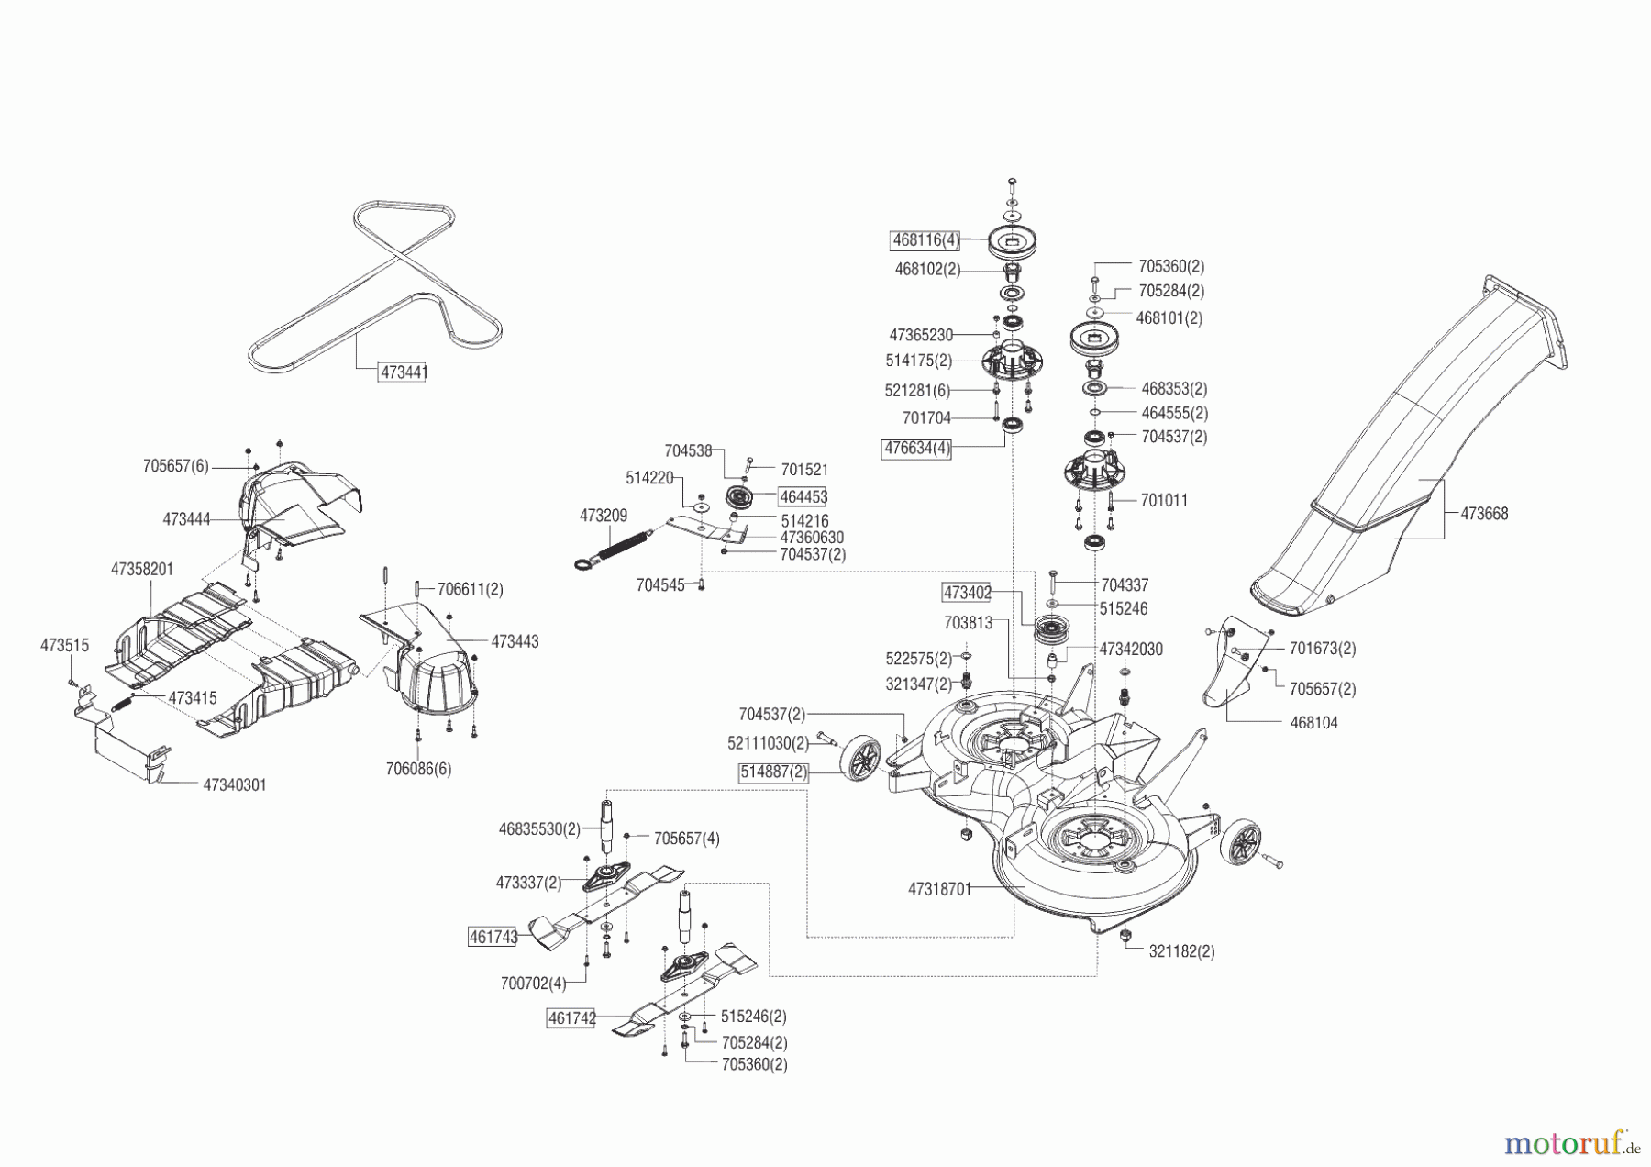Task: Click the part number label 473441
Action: pyautogui.click(x=404, y=372)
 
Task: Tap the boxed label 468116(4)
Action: pyautogui.click(x=925, y=240)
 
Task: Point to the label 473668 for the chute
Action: pyautogui.click(x=1484, y=514)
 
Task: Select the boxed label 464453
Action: pyautogui.click(x=803, y=496)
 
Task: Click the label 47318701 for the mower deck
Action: pyautogui.click(x=939, y=889)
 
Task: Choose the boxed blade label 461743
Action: pyautogui.click(x=493, y=937)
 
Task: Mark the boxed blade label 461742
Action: pyautogui.click(x=571, y=1018)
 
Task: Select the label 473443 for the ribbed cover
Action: pyautogui.click(x=515, y=642)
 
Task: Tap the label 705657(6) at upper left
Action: pyautogui.click(x=176, y=466)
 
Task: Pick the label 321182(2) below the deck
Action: pyautogui.click(x=1181, y=951)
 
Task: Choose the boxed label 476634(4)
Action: pyautogui.click(x=916, y=450)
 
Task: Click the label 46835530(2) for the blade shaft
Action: pyautogui.click(x=539, y=828)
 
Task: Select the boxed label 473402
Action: pyautogui.click(x=967, y=593)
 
